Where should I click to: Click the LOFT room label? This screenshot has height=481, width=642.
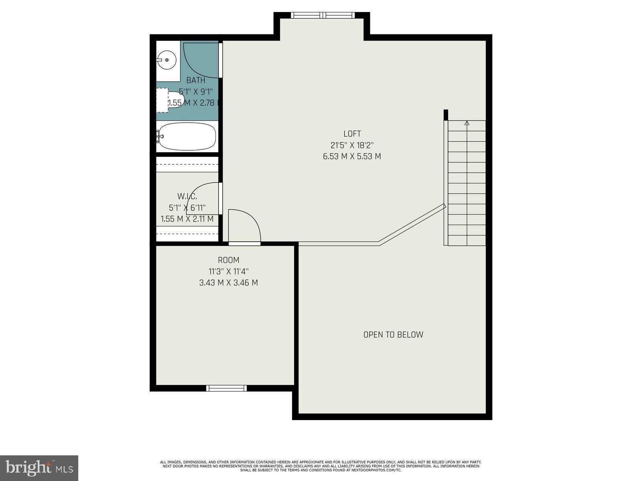pyautogui.click(x=352, y=134)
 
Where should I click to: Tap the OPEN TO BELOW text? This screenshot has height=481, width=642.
pyautogui.click(x=393, y=335)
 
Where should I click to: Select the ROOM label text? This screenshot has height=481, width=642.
pyautogui.click(x=229, y=260)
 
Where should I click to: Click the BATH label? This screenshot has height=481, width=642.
pyautogui.click(x=196, y=81)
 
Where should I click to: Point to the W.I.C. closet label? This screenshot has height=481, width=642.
pyautogui.click(x=187, y=196)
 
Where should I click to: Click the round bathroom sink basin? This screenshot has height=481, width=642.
pyautogui.click(x=167, y=60)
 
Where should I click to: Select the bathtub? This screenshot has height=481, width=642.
pyautogui.click(x=187, y=136)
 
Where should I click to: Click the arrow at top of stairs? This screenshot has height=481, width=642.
pyautogui.click(x=467, y=123)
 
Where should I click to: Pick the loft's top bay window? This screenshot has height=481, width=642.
pyautogui.click(x=323, y=16)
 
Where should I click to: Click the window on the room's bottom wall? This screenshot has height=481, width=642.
pyautogui.click(x=226, y=388)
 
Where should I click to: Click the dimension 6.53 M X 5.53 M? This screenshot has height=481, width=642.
pyautogui.click(x=352, y=156)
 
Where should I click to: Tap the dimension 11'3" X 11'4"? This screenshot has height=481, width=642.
pyautogui.click(x=229, y=271)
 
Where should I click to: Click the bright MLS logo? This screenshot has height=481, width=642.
pyautogui.click(x=39, y=468)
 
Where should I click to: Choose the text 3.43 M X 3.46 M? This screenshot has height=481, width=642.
pyautogui.click(x=229, y=283)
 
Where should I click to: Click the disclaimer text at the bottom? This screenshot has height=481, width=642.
pyautogui.click(x=321, y=466)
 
